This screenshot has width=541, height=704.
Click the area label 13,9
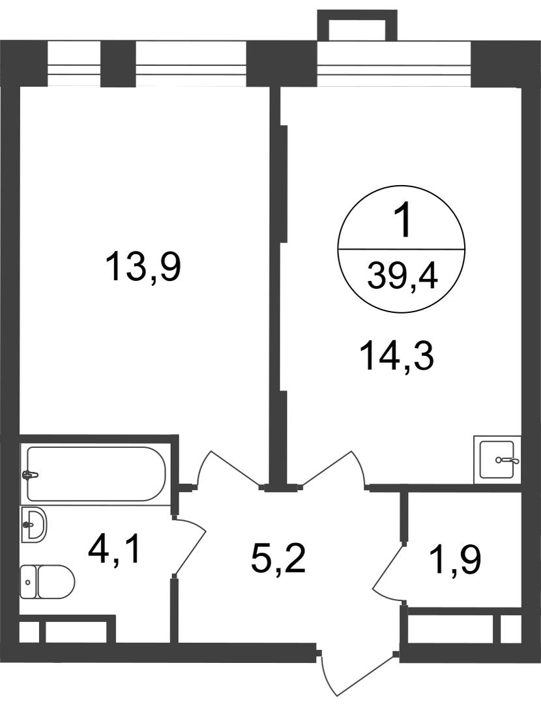pos(143,267)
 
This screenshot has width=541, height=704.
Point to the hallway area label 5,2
pos(278,559)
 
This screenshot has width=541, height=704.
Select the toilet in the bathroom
pos(47,581)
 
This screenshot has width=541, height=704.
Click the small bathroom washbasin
pos(33,524)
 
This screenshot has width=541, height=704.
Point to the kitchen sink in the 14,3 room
pos(497,460)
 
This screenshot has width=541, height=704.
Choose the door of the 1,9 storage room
pos(389,567)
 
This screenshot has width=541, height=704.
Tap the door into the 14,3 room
pos(332,466)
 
